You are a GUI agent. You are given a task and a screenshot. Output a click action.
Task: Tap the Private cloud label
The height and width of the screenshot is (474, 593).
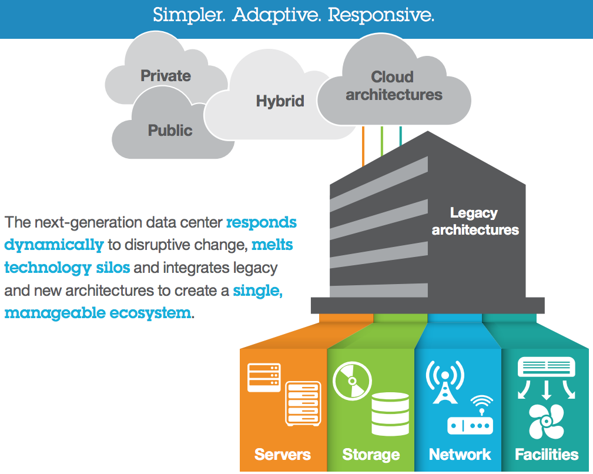point(166,76)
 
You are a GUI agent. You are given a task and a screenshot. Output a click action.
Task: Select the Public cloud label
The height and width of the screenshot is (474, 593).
point(170,130)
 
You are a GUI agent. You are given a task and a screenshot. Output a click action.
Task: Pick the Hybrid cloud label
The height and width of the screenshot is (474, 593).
point(280,101)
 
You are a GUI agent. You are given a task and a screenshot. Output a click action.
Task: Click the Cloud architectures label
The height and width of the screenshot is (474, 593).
point(393,85)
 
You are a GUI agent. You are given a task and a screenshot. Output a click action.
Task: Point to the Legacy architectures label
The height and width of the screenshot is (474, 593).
point(475,221)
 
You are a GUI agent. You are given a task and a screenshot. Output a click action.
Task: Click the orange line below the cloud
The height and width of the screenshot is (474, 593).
point(363,144)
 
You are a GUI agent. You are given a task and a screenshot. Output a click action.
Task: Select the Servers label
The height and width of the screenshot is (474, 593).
point(282,454)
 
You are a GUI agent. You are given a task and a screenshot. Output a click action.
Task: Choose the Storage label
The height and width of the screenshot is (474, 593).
point(371,454)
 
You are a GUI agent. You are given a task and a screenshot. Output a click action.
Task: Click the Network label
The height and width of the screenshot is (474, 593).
point(460,454)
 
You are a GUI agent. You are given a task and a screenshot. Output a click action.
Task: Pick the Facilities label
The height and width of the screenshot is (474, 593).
point(547,454)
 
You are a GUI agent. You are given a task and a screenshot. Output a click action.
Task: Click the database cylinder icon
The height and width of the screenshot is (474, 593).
point(390,414)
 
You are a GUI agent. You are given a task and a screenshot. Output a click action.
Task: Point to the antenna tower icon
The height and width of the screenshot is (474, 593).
point(444,382)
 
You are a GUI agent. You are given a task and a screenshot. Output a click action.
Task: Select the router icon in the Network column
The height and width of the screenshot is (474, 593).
point(470,419)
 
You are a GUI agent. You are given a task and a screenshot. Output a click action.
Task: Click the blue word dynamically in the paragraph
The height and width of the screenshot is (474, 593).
point(54,245)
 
